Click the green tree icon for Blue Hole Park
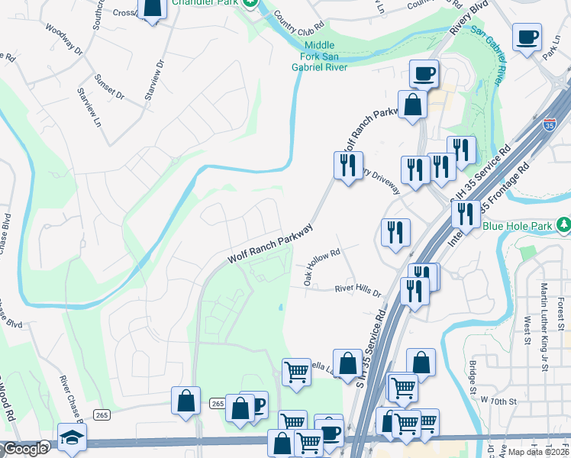click(563, 225)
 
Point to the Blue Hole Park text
click(519, 226)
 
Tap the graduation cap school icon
click(72, 437)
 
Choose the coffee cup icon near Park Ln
click(527, 36)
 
